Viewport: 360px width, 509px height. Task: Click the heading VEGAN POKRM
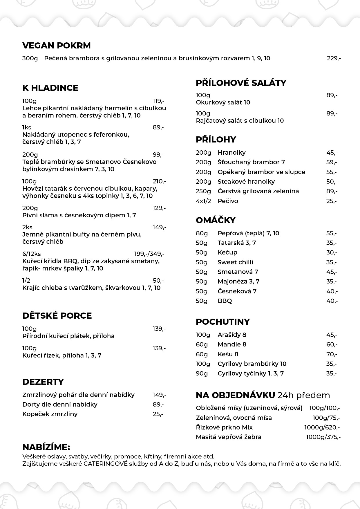[x=56, y=46]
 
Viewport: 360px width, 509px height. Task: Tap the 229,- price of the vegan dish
[x=334, y=58]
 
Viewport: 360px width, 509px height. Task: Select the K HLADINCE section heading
[x=50, y=88]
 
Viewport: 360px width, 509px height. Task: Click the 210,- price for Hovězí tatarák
[x=159, y=181]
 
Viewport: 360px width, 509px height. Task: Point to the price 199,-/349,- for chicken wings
[x=149, y=254]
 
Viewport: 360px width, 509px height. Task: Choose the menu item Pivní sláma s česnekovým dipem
[x=79, y=215]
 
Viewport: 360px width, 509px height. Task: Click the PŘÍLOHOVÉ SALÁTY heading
[x=241, y=83]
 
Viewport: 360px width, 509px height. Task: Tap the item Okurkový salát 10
[x=223, y=102]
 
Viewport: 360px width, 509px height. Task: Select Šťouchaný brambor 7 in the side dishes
[x=251, y=162]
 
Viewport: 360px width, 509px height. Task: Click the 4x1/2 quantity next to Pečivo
[x=203, y=201]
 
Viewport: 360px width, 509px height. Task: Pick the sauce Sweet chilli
[x=235, y=262]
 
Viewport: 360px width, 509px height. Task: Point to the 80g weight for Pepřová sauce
[x=202, y=233]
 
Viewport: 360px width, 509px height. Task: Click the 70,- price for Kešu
[x=332, y=354]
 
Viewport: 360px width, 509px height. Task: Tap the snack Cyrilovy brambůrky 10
[x=252, y=364]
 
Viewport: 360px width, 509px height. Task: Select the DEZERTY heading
[x=43, y=382]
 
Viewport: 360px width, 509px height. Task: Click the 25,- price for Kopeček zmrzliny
[x=158, y=414]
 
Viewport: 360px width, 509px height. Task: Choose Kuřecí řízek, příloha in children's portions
[x=62, y=355]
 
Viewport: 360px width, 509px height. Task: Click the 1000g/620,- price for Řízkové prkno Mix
[x=322, y=427]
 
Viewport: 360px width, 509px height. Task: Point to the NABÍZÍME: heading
[x=46, y=447]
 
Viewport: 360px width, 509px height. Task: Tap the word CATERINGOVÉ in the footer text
[x=106, y=464]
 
